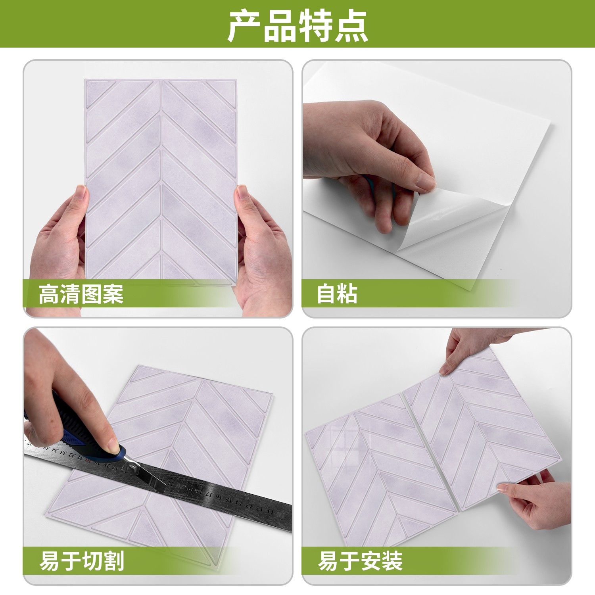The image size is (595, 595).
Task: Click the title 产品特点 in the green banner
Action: point(297,27)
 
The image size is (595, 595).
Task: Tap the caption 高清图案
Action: point(81,294)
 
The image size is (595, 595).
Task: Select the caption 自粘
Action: point(337,294)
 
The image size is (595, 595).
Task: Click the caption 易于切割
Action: point(82,561)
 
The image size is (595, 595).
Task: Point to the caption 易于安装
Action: point(360,561)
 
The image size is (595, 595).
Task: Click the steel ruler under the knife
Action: point(159,480)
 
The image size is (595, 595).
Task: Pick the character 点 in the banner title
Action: point(351,27)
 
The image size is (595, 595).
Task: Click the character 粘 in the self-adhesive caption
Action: point(348,294)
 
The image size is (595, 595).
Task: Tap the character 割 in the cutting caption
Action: point(114,561)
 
